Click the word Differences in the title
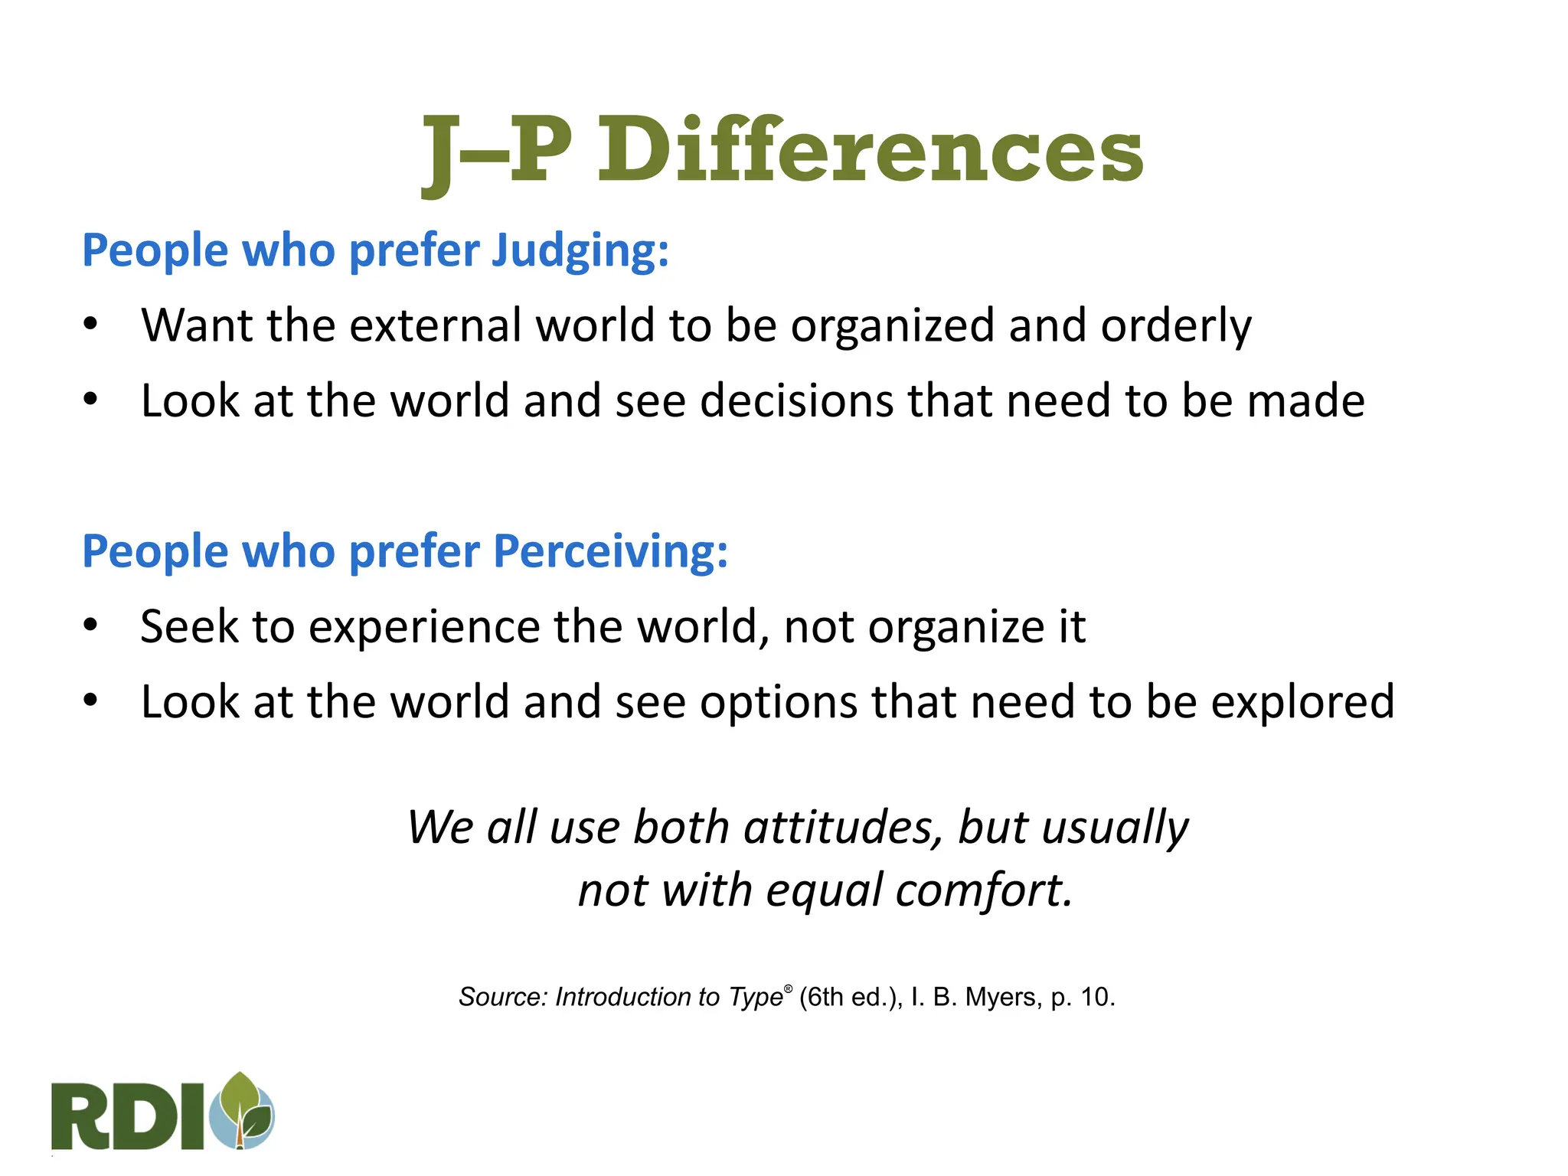(870, 150)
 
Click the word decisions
(796, 401)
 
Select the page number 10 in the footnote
(1097, 997)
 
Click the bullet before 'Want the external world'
(91, 325)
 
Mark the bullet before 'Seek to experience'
(91, 626)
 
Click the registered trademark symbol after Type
(789, 988)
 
